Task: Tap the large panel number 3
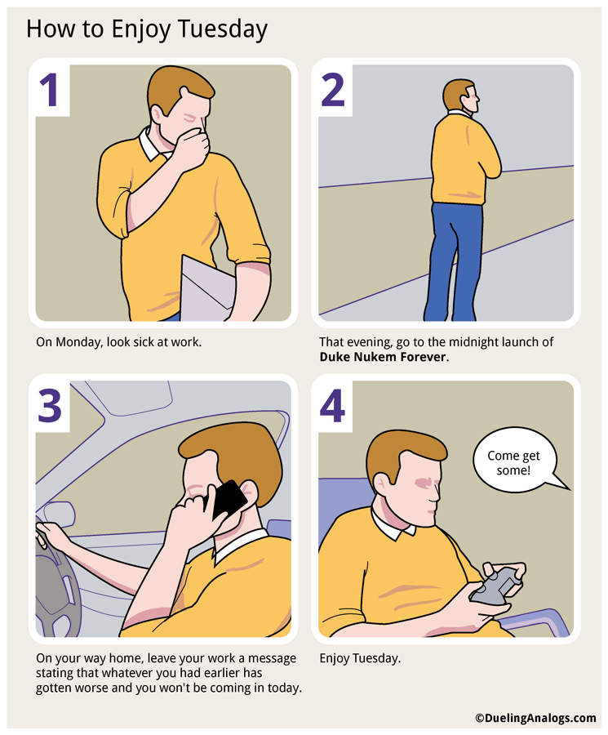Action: pyautogui.click(x=51, y=403)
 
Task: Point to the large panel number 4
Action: pyautogui.click(x=333, y=403)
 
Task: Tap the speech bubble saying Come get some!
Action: pyautogui.click(x=513, y=464)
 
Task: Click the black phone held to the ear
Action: pyautogui.click(x=229, y=500)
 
